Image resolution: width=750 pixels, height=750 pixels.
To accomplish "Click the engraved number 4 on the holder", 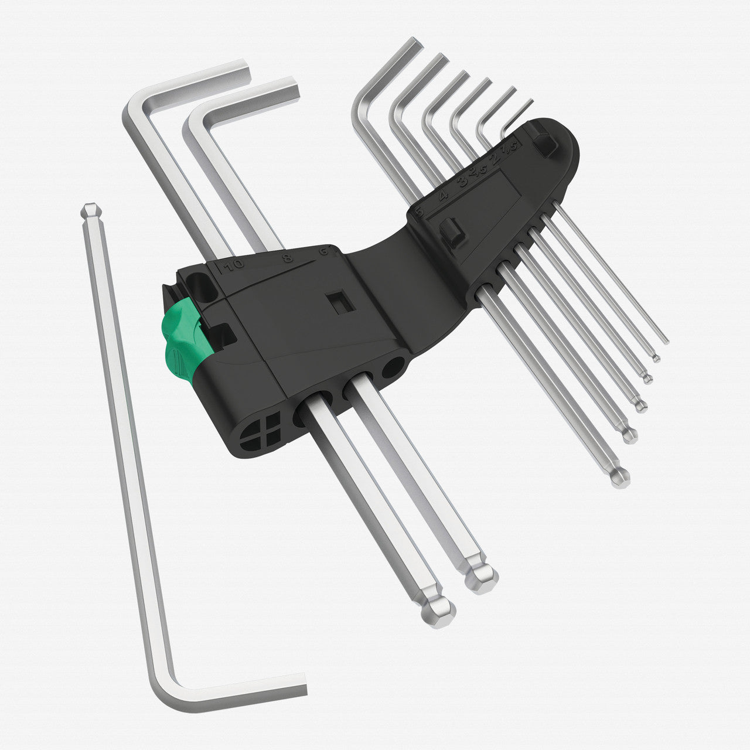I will pyautogui.click(x=443, y=195).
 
